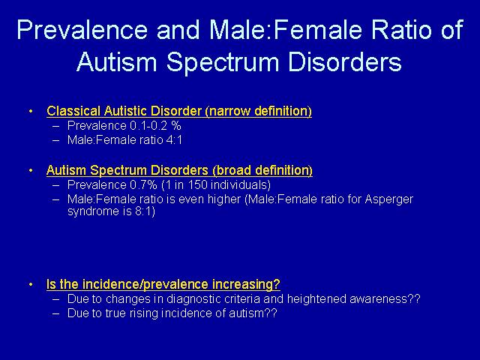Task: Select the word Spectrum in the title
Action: click(223, 63)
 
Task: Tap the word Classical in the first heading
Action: click(73, 111)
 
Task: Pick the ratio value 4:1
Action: click(174, 140)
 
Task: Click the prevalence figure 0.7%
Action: click(143, 185)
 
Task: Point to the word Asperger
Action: click(388, 199)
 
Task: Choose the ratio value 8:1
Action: click(145, 211)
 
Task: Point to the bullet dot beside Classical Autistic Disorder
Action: click(31, 111)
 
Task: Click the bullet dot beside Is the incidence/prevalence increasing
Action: click(31, 284)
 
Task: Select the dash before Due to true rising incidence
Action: click(55, 313)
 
